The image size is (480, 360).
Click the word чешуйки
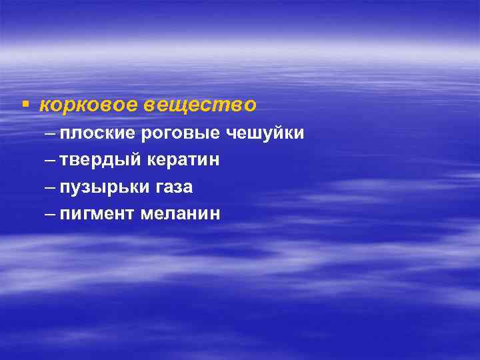pos(265,134)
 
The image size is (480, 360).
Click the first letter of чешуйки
pos(231,134)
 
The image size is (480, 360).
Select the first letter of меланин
pos(146,214)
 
